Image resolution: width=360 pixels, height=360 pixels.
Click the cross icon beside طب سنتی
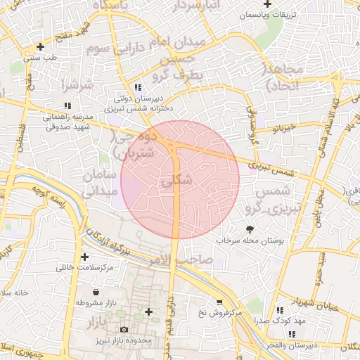tap(41, 46)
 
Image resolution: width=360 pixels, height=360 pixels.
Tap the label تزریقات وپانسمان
tap(267, 15)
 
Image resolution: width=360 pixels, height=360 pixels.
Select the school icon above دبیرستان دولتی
tap(138, 87)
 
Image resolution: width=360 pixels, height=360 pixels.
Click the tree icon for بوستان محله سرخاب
tap(250, 229)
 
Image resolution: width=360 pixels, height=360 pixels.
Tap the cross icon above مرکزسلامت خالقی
tap(85, 257)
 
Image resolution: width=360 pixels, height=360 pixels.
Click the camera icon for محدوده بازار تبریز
tap(124, 329)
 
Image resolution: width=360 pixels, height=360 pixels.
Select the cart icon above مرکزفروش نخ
tap(219, 302)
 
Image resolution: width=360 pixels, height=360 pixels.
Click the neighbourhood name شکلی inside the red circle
tap(176, 181)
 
